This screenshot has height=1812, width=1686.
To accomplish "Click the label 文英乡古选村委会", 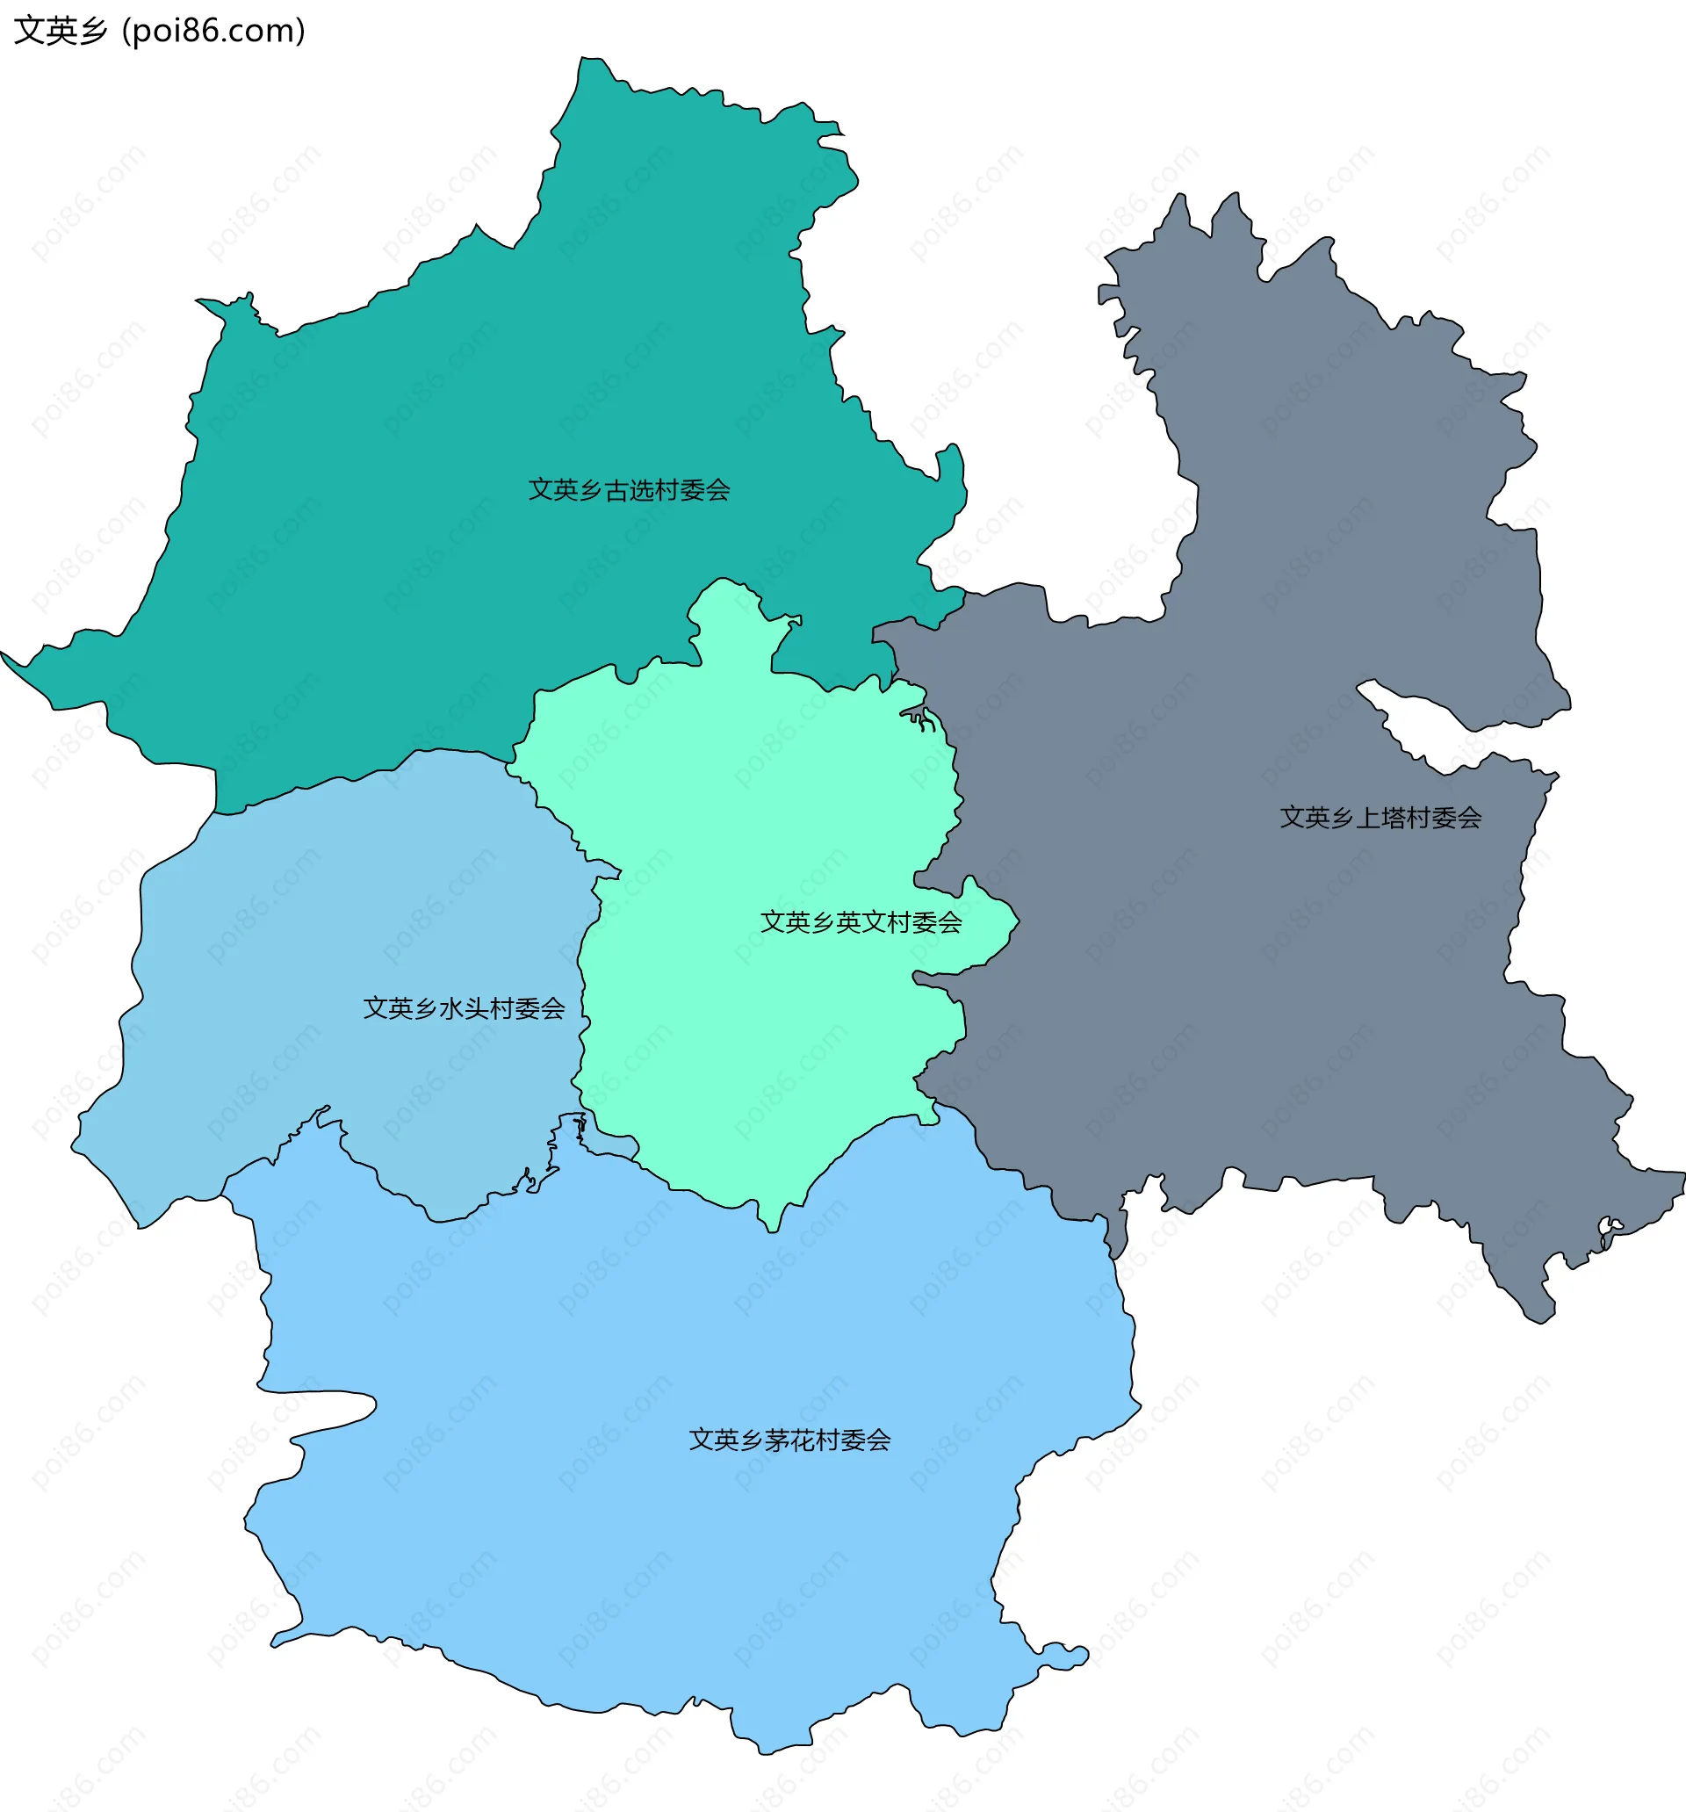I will click(x=629, y=490).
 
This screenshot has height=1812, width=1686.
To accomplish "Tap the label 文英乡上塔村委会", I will click(x=1380, y=818).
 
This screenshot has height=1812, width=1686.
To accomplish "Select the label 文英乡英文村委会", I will click(x=861, y=922).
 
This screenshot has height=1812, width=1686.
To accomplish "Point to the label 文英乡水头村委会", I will click(x=464, y=1008).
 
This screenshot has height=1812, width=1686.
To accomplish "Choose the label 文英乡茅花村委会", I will click(x=789, y=1440).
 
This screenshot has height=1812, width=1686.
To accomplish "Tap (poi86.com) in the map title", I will click(x=213, y=31).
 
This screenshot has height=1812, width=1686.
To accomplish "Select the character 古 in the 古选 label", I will click(x=616, y=490).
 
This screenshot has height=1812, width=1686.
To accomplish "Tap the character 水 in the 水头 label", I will click(x=451, y=1008).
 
